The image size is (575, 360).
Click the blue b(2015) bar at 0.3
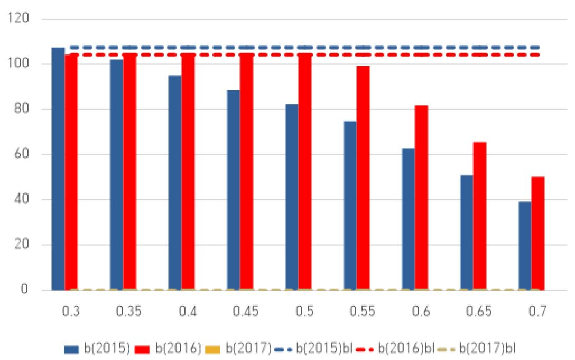pyautogui.click(x=58, y=169)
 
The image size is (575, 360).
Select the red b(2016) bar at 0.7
pyautogui.click(x=537, y=234)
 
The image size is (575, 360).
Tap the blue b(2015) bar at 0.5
pyautogui.click(x=292, y=197)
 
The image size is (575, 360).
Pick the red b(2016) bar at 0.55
pyautogui.click(x=363, y=178)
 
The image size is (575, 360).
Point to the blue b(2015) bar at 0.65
pyautogui.click(x=467, y=233)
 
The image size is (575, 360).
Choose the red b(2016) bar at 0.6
pyautogui.click(x=421, y=198)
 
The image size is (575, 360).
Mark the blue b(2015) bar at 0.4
pyautogui.click(x=175, y=183)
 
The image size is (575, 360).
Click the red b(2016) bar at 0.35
pyautogui.click(x=129, y=172)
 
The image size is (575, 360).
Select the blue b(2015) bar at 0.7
pyautogui.click(x=525, y=246)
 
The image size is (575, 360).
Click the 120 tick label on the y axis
pyautogui.click(x=18, y=18)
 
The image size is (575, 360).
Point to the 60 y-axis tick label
pyautogui.click(x=22, y=154)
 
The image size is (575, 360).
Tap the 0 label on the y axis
pyautogui.click(x=24, y=289)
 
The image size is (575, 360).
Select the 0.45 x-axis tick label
pyautogui.click(x=246, y=311)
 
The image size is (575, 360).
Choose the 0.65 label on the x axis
pyautogui.click(x=479, y=311)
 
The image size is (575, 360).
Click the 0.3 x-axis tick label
pyautogui.click(x=71, y=311)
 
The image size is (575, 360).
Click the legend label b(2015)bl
pyautogui.click(x=324, y=348)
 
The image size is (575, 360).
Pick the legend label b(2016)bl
pyautogui.click(x=406, y=348)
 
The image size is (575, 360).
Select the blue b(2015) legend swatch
pyautogui.click(x=71, y=349)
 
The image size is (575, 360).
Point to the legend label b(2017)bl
pyautogui.click(x=487, y=348)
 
